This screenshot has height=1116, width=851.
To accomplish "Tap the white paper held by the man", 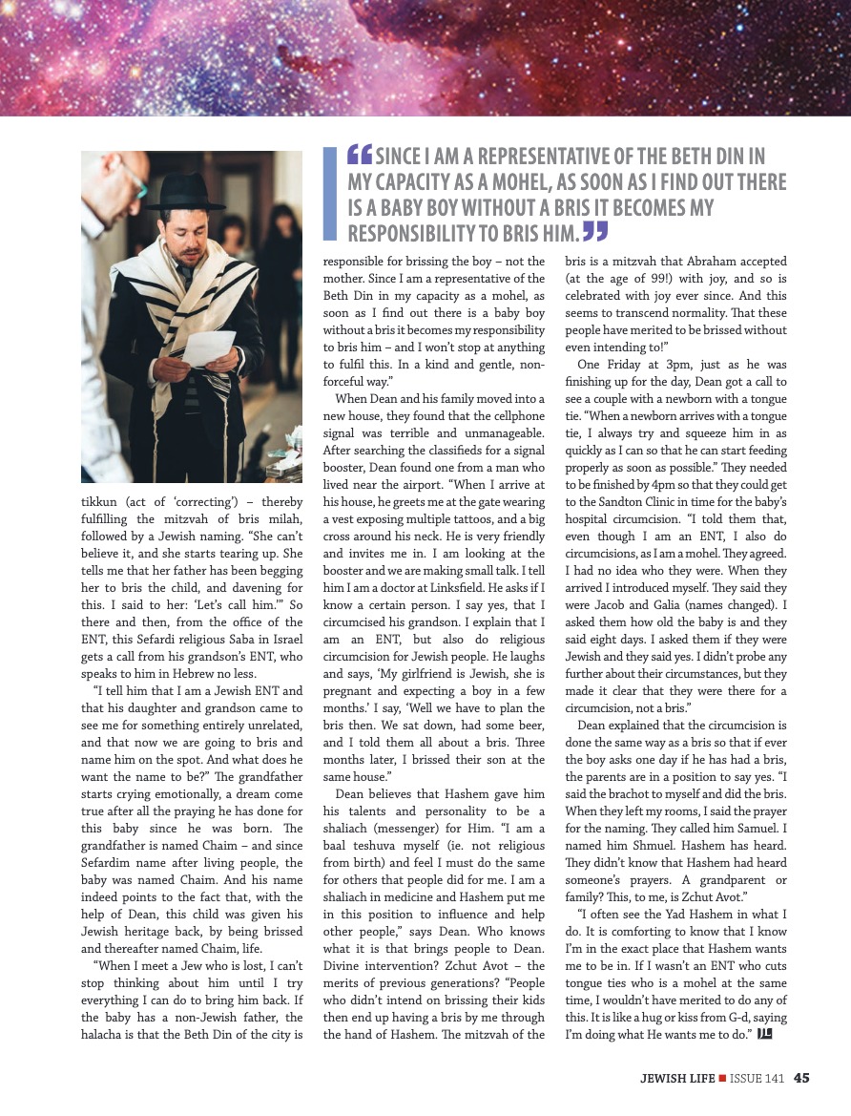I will point(208,348).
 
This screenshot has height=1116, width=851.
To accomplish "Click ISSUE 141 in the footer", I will point(758,1079).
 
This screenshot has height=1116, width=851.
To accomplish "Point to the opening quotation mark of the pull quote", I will point(360,155).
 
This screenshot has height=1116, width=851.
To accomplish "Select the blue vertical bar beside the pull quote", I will point(330,193).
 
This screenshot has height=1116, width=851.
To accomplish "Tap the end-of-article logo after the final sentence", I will point(764,1034).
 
